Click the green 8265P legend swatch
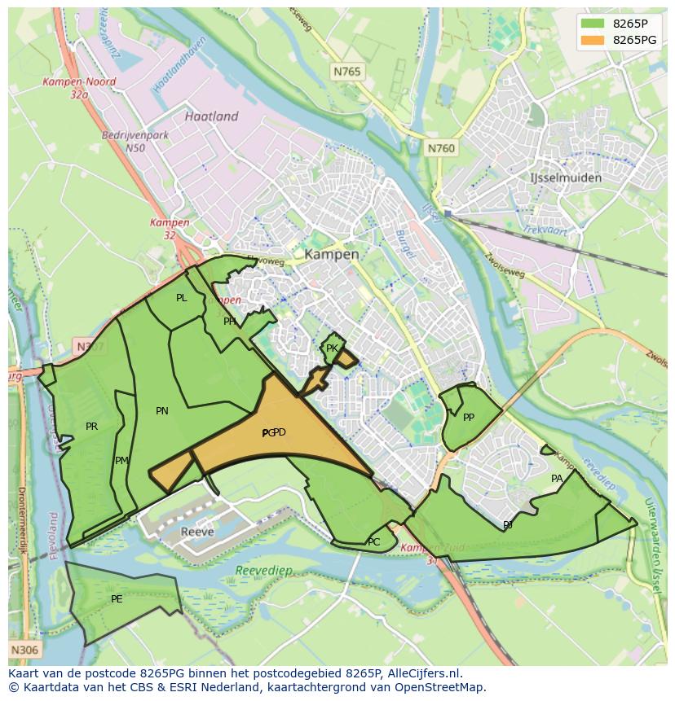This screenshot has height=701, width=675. tap(593, 24)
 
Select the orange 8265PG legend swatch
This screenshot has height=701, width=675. tap(593, 40)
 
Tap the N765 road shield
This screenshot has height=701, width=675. tap(346, 72)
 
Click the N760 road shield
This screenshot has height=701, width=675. tap(441, 148)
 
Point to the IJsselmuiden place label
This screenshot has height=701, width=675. tap(565, 177)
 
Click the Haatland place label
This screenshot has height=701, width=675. tap(211, 116)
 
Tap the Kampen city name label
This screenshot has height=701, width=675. tap(332, 254)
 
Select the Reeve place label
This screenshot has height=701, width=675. tap(197, 532)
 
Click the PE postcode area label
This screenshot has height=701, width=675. tap(117, 599)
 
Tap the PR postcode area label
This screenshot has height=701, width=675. tap(91, 426)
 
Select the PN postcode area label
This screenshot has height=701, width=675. tap(162, 411)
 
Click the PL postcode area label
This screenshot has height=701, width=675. tap(181, 298)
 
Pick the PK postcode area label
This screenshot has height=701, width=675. tap(332, 348)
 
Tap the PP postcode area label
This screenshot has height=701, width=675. tap(469, 418)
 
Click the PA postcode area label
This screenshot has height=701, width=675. tap(557, 479)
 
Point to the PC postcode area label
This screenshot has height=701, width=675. tap(373, 541)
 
